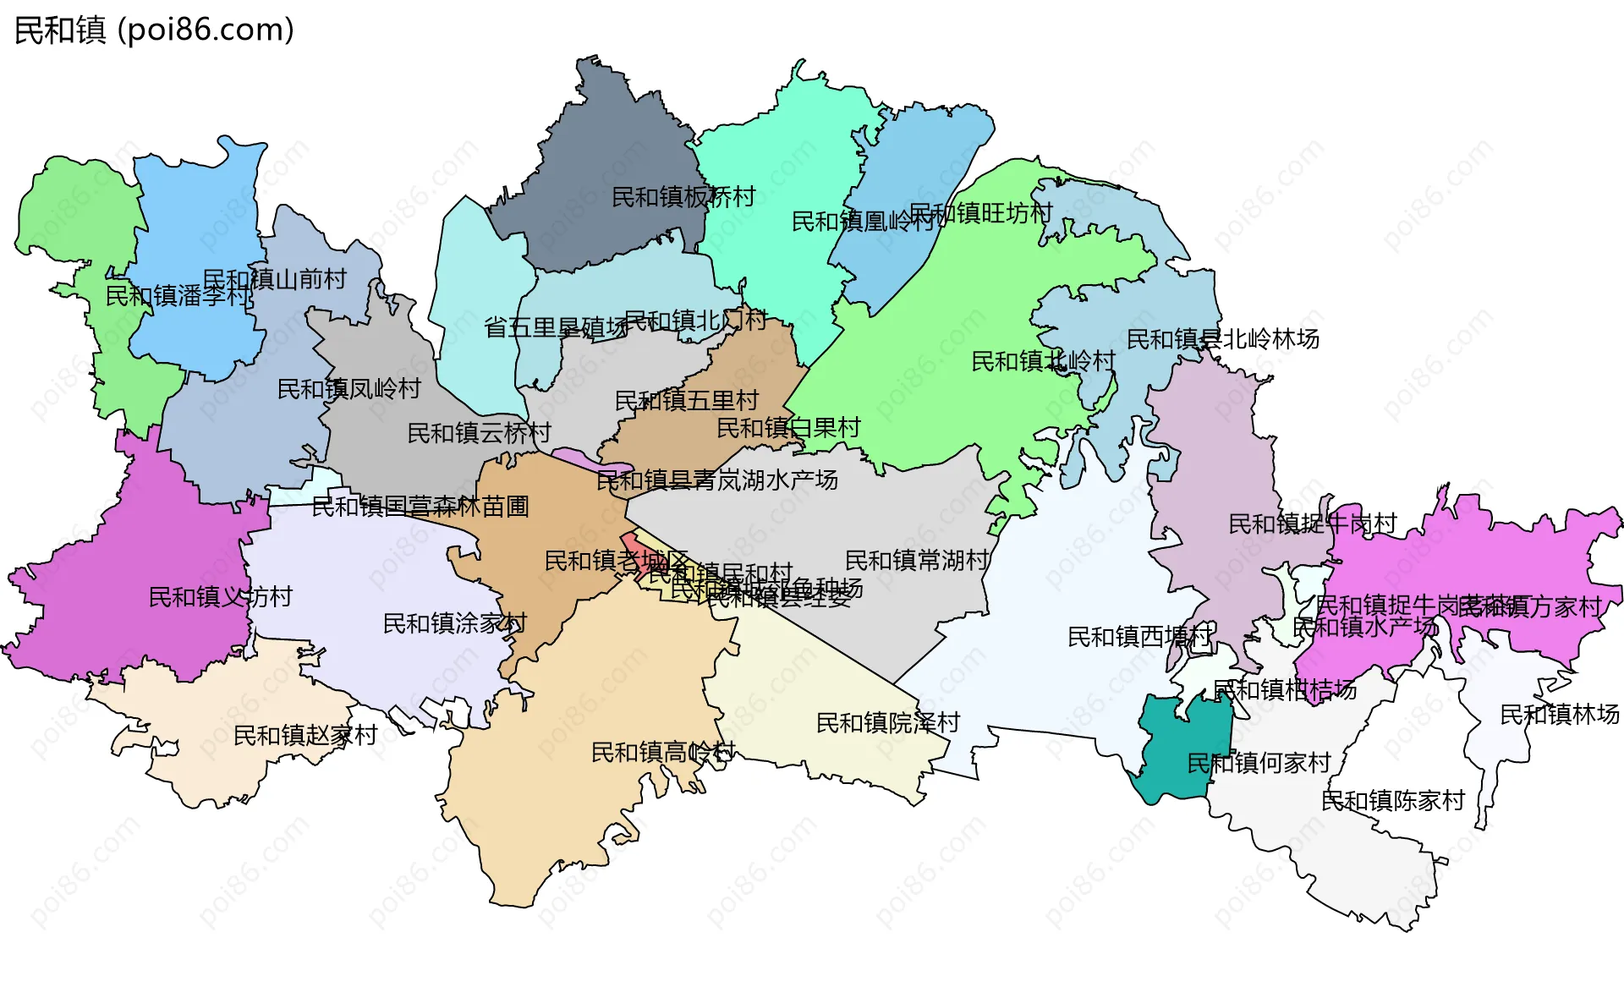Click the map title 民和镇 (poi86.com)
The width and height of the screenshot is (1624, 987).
pyautogui.click(x=154, y=30)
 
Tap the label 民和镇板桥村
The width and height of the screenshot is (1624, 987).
pyautogui.click(x=683, y=197)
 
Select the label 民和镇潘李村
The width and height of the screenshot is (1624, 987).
pyautogui.click(x=178, y=296)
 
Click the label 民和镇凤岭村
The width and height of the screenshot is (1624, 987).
pyautogui.click(x=349, y=389)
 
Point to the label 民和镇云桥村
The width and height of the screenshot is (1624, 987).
pyautogui.click(x=479, y=433)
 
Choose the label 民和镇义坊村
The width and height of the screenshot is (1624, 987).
pyautogui.click(x=220, y=597)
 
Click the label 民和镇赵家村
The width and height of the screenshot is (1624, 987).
pyautogui.click(x=304, y=735)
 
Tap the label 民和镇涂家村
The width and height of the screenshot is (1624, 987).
pyautogui.click(x=454, y=623)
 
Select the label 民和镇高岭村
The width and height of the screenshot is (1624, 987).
pyautogui.click(x=662, y=752)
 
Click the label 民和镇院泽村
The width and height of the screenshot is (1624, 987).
pyautogui.click(x=887, y=722)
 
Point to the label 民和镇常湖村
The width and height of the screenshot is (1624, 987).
pyautogui.click(x=917, y=560)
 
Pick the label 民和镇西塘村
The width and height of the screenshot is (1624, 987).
pyautogui.click(x=1139, y=636)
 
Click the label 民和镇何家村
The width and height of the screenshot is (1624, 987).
pyautogui.click(x=1259, y=763)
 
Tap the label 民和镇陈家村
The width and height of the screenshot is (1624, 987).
pyautogui.click(x=1392, y=800)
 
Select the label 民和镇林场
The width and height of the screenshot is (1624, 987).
pyautogui.click(x=1559, y=715)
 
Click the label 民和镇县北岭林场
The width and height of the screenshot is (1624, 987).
pyautogui.click(x=1222, y=339)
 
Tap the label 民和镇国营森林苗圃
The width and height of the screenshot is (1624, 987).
pyautogui.click(x=420, y=507)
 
